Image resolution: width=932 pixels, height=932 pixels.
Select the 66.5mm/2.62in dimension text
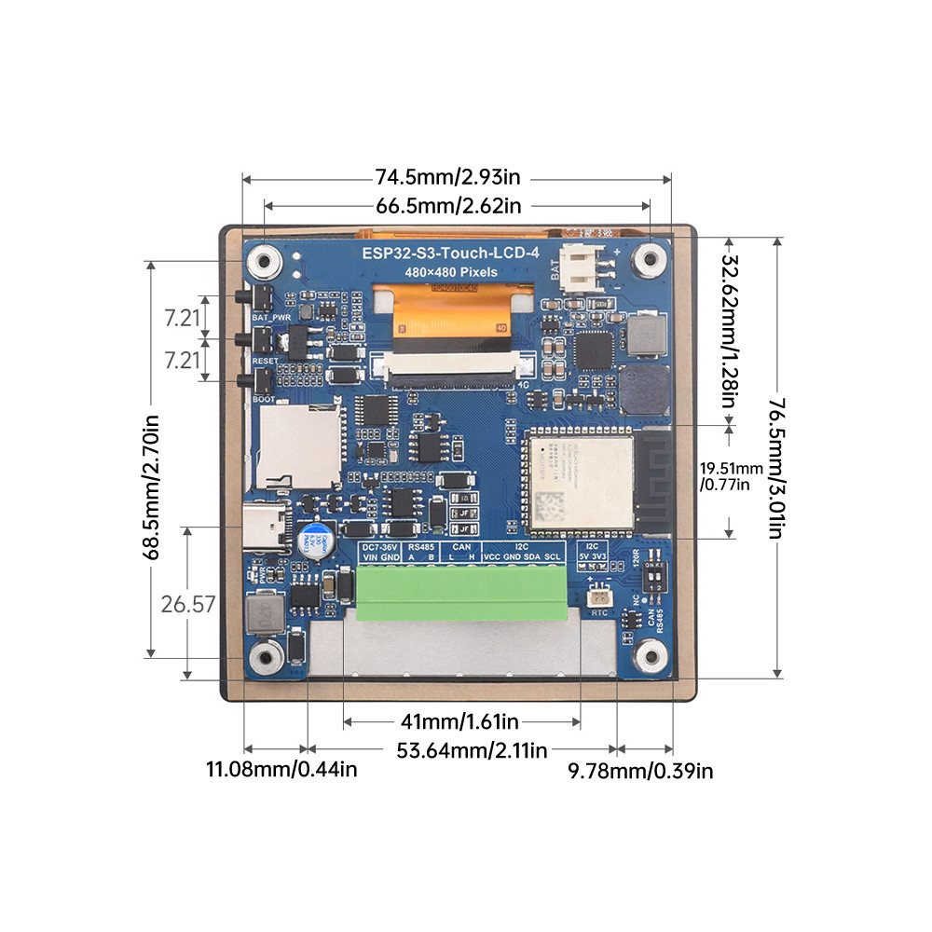(x=448, y=205)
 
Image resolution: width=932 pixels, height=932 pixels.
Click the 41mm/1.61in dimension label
(x=459, y=720)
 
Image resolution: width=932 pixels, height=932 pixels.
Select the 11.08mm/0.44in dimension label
(x=281, y=769)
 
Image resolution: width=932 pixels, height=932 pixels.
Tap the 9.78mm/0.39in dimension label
(x=641, y=770)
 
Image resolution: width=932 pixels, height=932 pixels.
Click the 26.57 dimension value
(x=188, y=604)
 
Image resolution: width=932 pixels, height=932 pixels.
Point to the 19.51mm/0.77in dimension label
(x=731, y=476)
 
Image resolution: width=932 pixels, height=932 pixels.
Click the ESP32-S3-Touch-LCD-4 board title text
(x=450, y=254)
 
